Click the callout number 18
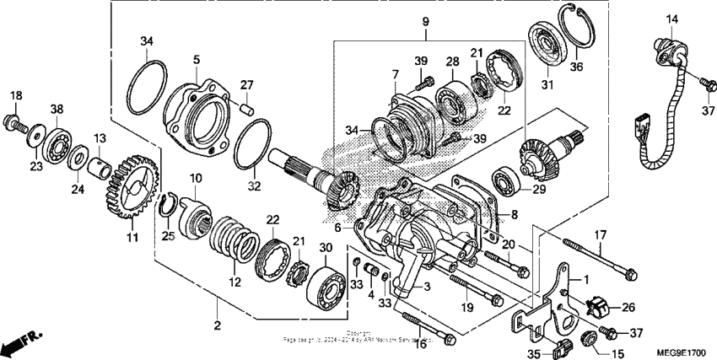(x=16, y=95)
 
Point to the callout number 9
(x=425, y=21)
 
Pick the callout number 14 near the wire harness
(x=672, y=19)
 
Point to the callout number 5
(x=196, y=60)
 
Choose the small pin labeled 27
(x=245, y=106)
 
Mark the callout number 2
(x=217, y=325)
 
